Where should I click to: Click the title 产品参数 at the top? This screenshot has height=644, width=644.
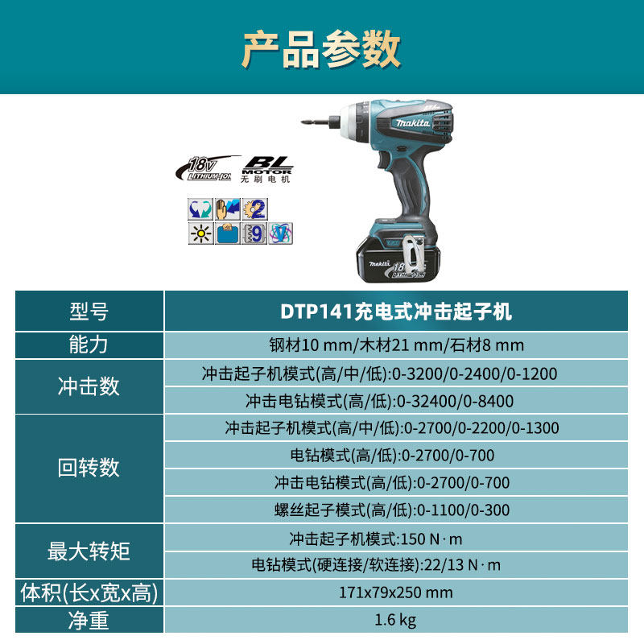321,49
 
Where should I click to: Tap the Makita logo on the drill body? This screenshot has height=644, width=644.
412,123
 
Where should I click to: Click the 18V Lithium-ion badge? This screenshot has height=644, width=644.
207,169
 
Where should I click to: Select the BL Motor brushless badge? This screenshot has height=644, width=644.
266,169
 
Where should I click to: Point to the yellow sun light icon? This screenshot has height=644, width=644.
200,233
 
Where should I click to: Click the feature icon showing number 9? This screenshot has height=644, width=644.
254,233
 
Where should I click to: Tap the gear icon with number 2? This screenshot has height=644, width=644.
254,209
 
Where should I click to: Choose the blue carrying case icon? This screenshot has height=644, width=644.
228,233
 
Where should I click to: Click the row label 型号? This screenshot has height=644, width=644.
89,312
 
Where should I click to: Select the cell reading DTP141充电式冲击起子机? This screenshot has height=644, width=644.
396,312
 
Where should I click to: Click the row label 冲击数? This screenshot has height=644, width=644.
89,386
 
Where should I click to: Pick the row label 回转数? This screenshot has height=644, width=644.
89,468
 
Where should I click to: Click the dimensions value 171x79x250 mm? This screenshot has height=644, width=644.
396,592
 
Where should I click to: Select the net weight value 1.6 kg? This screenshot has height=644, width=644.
396,620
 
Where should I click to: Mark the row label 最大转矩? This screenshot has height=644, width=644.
89,551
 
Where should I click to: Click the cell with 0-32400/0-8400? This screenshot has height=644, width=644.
396,400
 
